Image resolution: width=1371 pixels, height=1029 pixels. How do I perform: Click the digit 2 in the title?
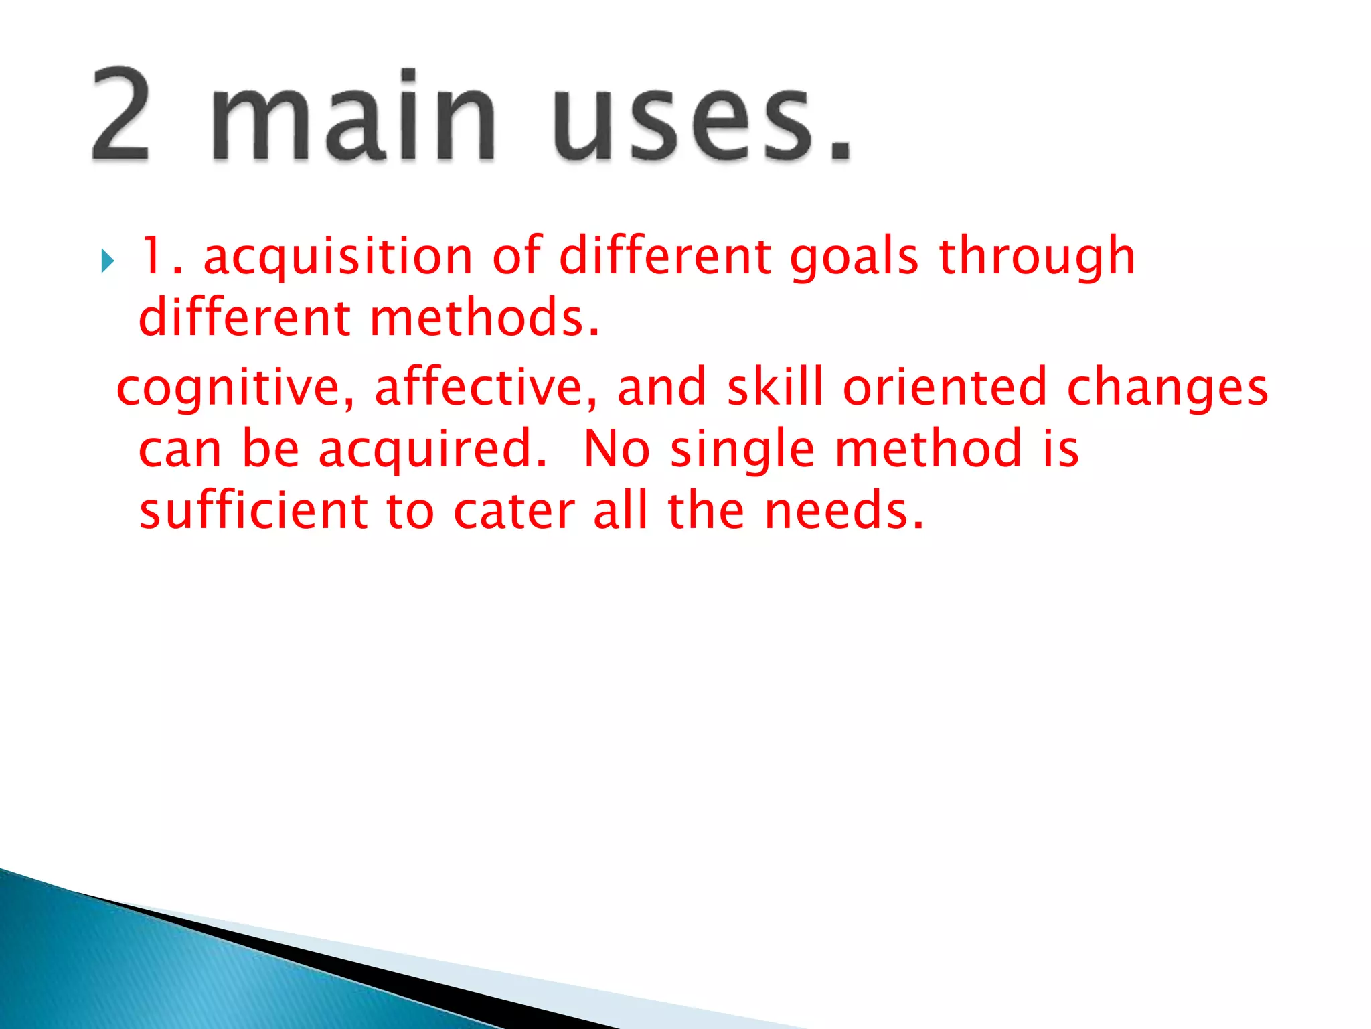click(x=120, y=114)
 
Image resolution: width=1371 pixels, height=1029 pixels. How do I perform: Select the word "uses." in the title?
click(x=703, y=121)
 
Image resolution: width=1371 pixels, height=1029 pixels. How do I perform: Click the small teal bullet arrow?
click(x=107, y=261)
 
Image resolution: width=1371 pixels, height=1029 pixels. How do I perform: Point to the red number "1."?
click(x=161, y=256)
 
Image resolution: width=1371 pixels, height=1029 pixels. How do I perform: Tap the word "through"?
click(x=1037, y=257)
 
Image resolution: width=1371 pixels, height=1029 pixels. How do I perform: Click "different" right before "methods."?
click(x=244, y=318)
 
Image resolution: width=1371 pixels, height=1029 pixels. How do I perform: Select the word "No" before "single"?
click(x=617, y=449)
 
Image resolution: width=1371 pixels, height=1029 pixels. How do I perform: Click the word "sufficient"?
click(x=253, y=510)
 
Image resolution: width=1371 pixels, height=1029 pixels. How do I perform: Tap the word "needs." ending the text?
click(x=844, y=511)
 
